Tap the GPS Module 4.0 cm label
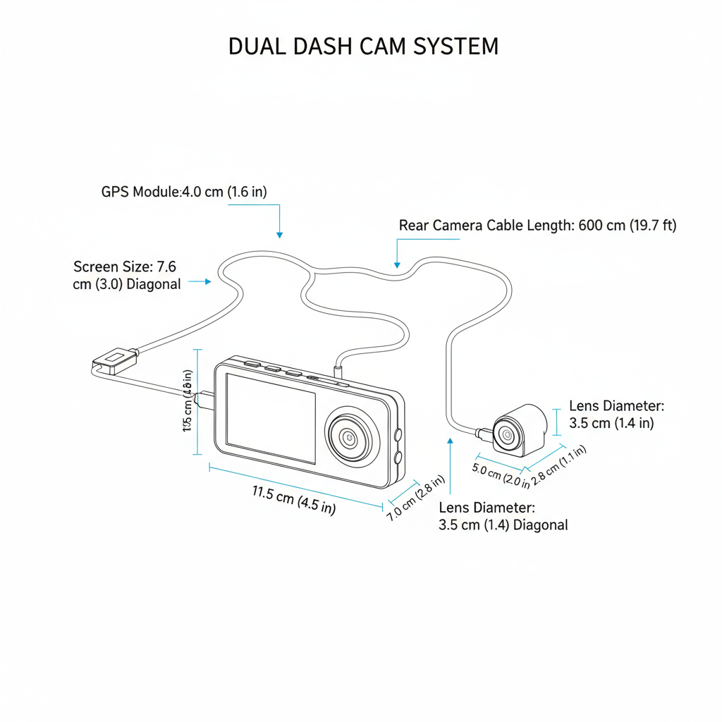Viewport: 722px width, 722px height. (184, 192)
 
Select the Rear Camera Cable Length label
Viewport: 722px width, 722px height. (537, 226)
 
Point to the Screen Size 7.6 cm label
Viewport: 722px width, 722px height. (127, 276)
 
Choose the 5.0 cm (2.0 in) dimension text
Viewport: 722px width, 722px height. (501, 477)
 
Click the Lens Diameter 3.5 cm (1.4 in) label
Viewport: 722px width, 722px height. (616, 415)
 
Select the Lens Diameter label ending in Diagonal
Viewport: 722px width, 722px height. (503, 516)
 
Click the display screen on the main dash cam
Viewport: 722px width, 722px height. (270, 417)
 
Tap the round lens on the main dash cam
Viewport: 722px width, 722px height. (349, 437)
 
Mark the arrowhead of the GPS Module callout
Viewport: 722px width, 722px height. (280, 233)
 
